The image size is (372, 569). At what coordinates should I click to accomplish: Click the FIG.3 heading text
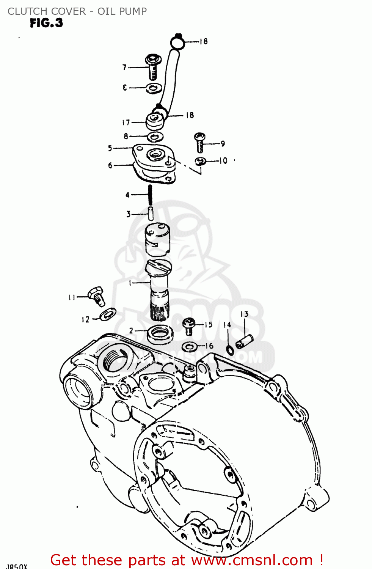pyautogui.click(x=46, y=23)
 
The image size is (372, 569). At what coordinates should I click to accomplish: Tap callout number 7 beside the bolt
pyautogui.click(x=124, y=68)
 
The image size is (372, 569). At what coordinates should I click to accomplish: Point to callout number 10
pyautogui.click(x=223, y=161)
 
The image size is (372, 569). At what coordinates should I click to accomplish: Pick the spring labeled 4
pyautogui.click(x=151, y=195)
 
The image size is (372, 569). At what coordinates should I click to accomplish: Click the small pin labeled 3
pyautogui.click(x=151, y=213)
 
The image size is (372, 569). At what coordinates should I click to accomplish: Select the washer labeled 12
pyautogui.click(x=108, y=314)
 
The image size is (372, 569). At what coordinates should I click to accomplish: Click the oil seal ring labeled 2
pyautogui.click(x=160, y=333)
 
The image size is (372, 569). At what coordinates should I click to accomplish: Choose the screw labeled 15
pyautogui.click(x=189, y=326)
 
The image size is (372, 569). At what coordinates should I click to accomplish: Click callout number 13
pyautogui.click(x=244, y=314)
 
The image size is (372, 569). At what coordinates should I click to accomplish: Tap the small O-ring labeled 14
pyautogui.click(x=229, y=349)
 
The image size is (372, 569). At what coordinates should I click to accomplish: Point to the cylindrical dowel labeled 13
pyautogui.click(x=244, y=341)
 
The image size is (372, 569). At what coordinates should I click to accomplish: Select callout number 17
pyautogui.click(x=126, y=123)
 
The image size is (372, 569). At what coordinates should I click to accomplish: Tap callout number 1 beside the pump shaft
pyautogui.click(x=130, y=283)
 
